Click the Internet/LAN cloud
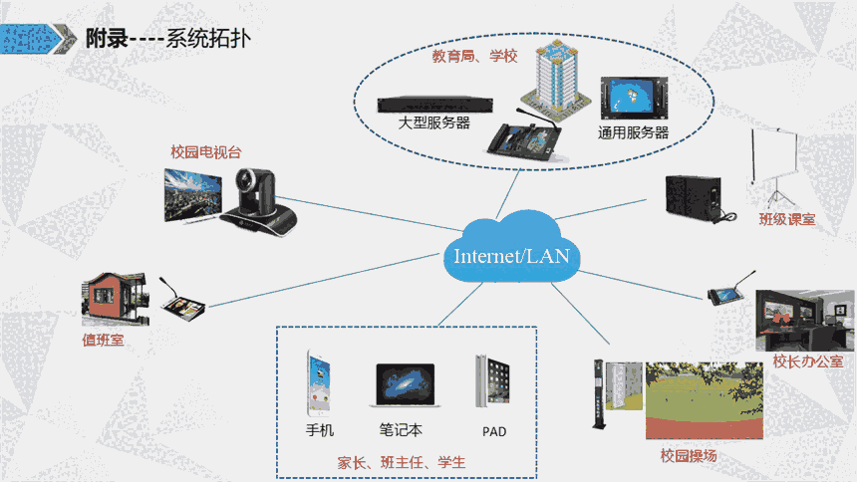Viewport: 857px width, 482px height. [510, 253]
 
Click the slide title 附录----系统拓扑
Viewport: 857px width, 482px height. [167, 40]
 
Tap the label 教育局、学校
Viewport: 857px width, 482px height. [474, 57]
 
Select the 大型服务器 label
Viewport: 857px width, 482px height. [433, 123]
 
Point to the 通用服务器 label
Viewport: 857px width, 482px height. [633, 132]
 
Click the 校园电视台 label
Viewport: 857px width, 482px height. [206, 152]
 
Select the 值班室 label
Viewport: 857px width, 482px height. [103, 340]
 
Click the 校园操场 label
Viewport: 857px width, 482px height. [689, 456]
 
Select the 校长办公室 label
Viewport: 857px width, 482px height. [808, 361]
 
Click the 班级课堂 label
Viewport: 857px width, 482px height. [787, 219]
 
